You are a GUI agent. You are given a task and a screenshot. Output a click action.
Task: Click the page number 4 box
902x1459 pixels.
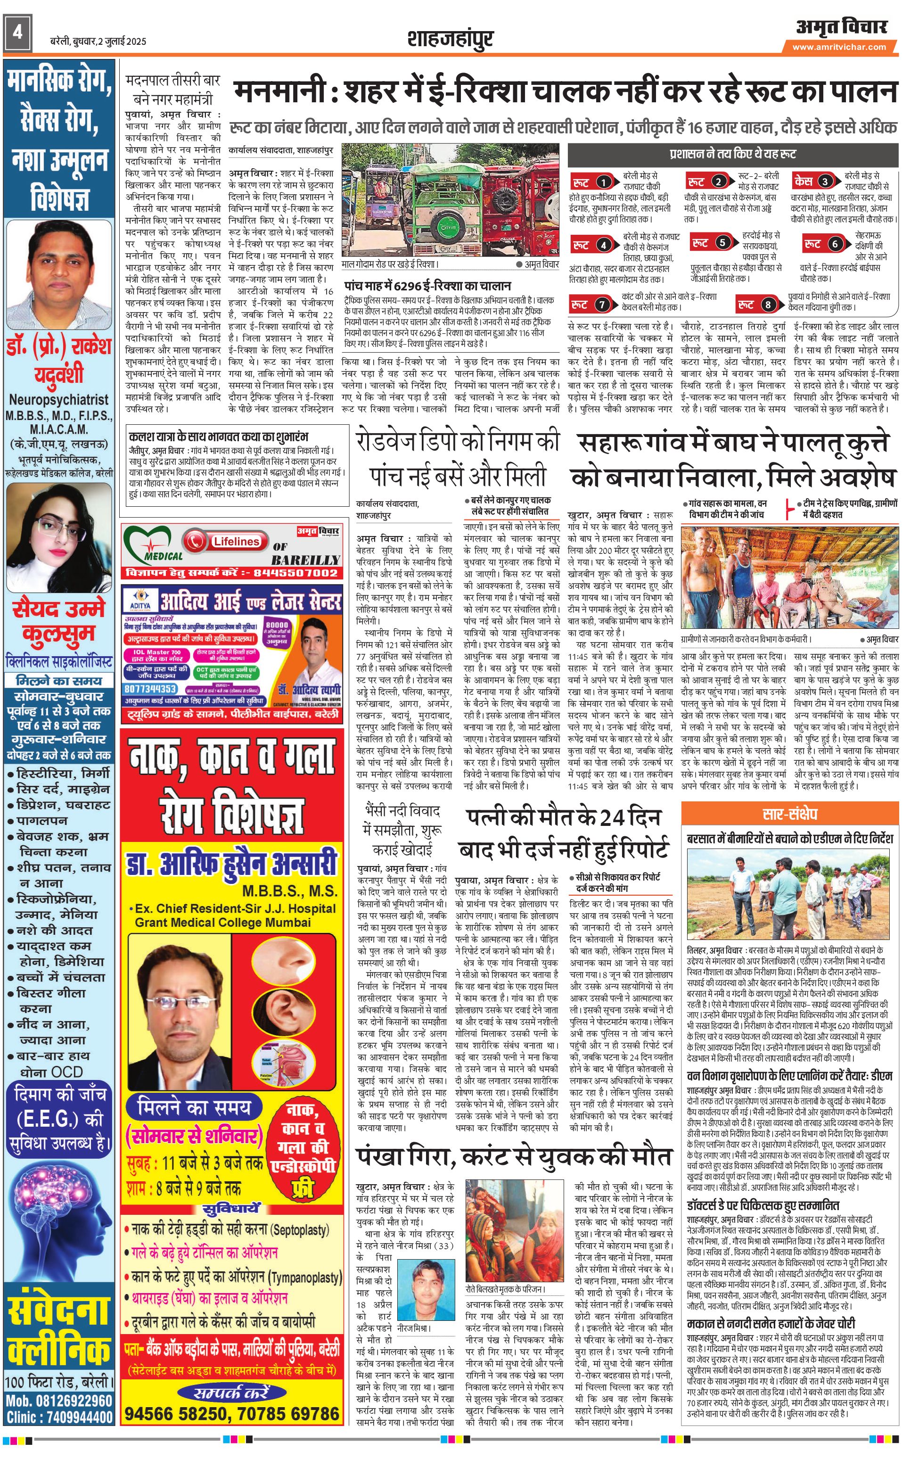coord(17,32)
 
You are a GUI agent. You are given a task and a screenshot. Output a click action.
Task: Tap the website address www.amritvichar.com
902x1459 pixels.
coord(839,47)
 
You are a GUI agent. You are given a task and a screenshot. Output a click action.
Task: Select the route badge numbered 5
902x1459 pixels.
coord(722,243)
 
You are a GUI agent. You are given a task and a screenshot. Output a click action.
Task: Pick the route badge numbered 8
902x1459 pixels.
coord(768,305)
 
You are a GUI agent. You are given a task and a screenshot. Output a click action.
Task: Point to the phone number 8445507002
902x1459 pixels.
coord(296,573)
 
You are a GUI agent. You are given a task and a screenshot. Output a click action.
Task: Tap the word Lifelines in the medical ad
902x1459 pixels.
coord(236,541)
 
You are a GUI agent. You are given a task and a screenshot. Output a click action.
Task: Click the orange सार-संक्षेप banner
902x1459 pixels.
coord(790,815)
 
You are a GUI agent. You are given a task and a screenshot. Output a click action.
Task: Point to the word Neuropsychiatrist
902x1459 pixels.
coord(58,400)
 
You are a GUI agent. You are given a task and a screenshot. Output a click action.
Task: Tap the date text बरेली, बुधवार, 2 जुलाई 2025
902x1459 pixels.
coord(98,41)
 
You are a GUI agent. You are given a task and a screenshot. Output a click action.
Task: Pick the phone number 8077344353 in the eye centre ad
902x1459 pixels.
coord(150,689)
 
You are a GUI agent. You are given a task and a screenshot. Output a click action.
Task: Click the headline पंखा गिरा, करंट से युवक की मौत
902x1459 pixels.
coord(514,739)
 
